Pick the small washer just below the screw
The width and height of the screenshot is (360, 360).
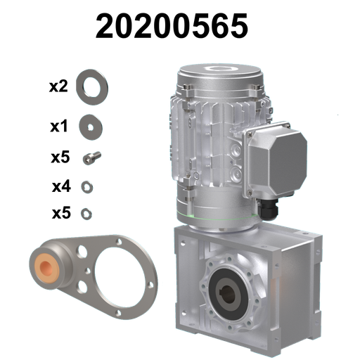(87, 186)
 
